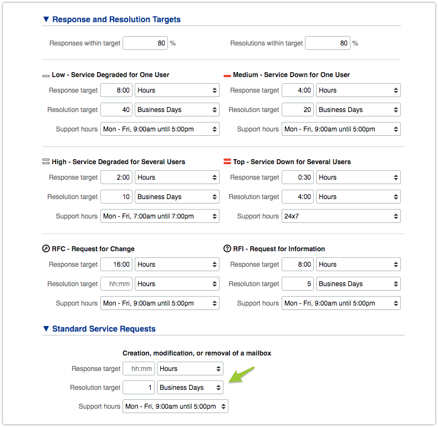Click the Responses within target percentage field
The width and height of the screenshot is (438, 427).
coord(145,43)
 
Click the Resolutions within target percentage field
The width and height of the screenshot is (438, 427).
coord(327,43)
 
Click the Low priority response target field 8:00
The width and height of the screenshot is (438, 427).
coord(116,90)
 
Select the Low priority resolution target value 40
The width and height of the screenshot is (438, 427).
coord(116,110)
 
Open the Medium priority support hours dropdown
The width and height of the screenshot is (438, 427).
coord(341,129)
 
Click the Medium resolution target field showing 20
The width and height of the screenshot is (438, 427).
coord(297,110)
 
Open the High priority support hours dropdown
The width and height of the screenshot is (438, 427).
coord(160,216)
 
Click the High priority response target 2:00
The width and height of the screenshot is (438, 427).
coord(116,177)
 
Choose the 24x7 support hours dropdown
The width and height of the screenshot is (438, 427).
coord(341,216)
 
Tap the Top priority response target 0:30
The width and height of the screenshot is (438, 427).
coord(297,177)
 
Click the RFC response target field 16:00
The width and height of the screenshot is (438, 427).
coord(116,265)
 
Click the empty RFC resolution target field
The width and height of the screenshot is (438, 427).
coord(116,284)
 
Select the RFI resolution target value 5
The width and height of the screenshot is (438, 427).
coord(297,284)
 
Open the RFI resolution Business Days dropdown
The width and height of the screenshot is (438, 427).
coord(358,284)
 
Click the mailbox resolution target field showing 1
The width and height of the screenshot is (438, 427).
coord(138,388)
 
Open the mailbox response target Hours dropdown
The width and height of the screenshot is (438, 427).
coord(190,368)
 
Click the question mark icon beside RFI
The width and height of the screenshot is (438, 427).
coord(227,249)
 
